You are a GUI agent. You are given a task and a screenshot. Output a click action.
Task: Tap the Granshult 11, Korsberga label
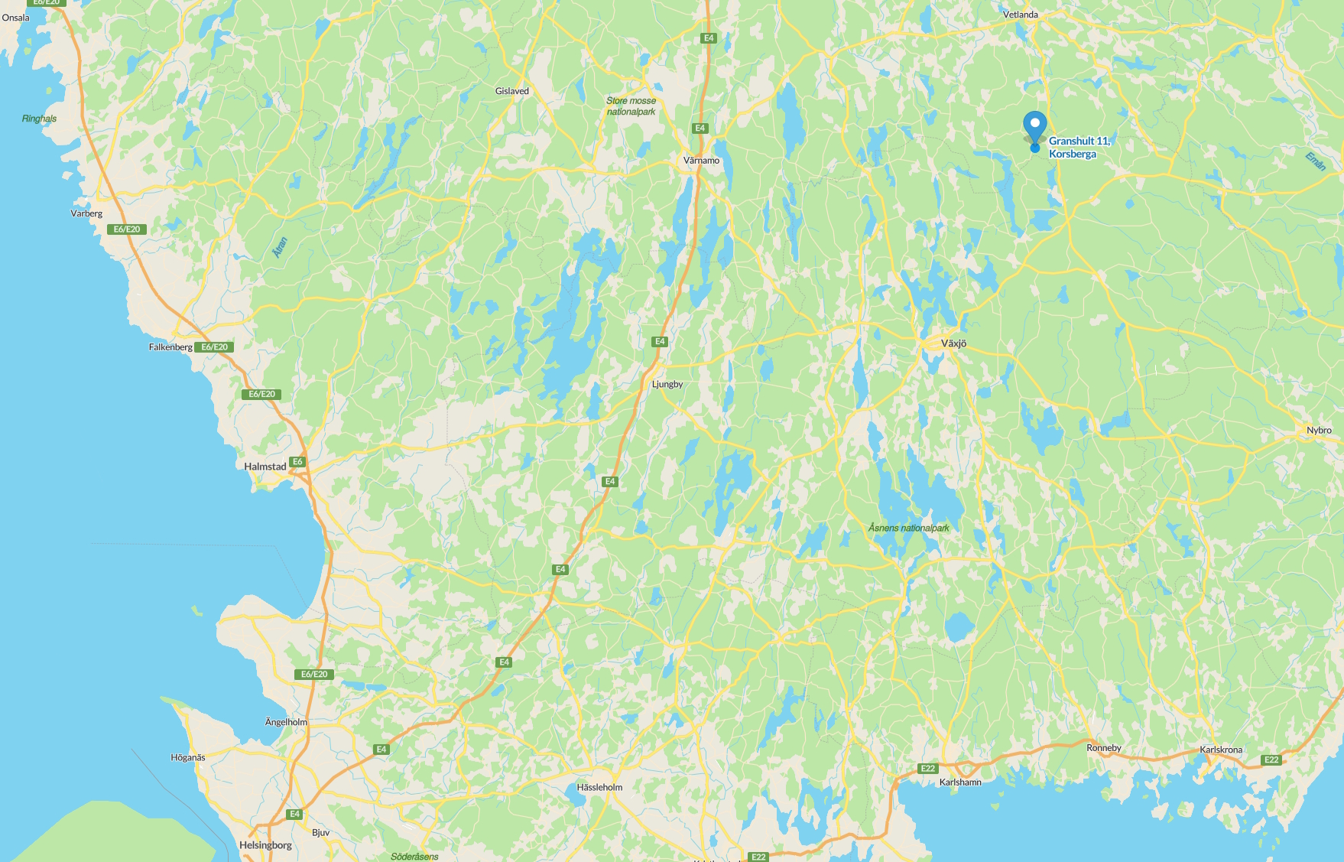(1078, 147)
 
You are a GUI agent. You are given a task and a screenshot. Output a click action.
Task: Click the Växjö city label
(953, 343)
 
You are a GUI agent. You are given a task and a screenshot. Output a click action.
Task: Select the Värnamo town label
(701, 161)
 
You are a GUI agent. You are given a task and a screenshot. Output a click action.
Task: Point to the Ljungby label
(667, 384)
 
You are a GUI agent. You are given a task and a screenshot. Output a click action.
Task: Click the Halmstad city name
(265, 467)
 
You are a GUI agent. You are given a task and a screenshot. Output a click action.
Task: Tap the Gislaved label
(511, 91)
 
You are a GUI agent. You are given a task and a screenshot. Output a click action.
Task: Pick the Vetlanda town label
(1020, 15)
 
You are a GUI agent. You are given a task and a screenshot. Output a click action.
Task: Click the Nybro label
(1319, 430)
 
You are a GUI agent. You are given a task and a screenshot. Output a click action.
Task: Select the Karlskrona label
(1220, 750)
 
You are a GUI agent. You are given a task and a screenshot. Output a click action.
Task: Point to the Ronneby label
(1103, 748)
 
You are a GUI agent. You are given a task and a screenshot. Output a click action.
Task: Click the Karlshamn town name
(960, 782)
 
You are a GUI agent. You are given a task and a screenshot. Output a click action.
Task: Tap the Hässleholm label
(599, 787)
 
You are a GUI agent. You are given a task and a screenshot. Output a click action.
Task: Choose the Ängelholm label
(286, 722)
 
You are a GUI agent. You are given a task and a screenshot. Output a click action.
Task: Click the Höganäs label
(187, 757)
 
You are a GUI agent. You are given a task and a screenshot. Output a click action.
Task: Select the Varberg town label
(86, 213)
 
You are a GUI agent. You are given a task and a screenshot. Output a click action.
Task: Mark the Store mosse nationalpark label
(631, 106)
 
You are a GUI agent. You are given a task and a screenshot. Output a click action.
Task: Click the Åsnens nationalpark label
(908, 528)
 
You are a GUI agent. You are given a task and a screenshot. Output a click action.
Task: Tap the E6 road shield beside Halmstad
(297, 462)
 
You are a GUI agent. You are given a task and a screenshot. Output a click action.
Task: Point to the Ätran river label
(281, 247)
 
